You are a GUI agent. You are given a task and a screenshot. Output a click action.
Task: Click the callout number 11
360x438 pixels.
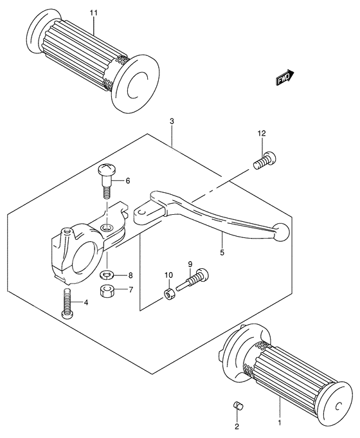[93, 13]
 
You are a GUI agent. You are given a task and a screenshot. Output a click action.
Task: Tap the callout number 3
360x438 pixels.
[172, 121]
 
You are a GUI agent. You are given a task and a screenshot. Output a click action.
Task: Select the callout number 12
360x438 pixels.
[261, 134]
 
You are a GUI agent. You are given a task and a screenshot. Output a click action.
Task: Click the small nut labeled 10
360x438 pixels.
[168, 294]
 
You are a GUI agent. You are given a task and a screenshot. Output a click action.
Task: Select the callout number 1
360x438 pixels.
[280, 423]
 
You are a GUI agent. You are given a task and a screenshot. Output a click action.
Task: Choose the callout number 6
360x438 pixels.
[127, 181]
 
